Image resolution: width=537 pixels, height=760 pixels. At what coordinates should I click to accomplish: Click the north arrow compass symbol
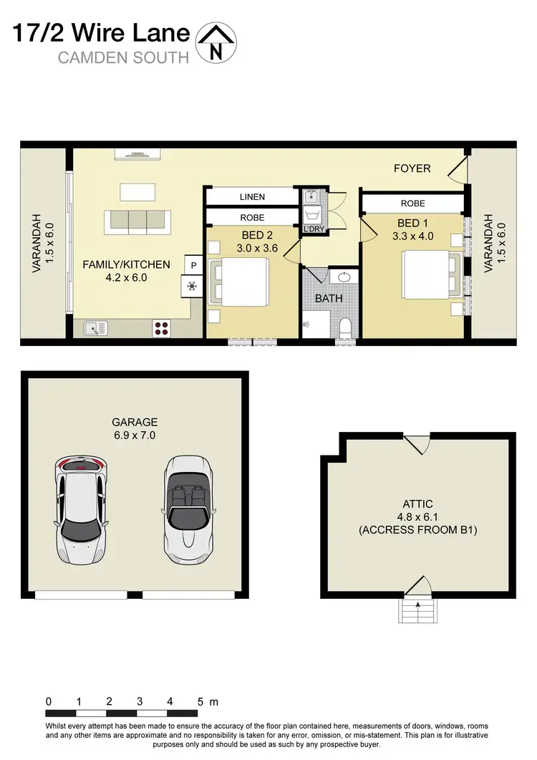[216, 41]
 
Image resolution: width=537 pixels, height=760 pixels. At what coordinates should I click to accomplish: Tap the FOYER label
[412, 168]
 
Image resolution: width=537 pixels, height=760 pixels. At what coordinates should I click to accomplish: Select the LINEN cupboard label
[252, 197]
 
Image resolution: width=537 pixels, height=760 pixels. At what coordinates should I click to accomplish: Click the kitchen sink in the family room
[95, 328]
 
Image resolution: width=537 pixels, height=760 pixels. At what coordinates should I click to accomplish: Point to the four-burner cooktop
[162, 328]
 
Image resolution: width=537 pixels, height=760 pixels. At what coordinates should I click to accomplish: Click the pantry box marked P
[193, 265]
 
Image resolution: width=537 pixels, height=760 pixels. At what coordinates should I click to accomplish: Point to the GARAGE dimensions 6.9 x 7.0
[135, 435]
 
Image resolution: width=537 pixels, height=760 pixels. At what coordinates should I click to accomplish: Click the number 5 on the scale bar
[201, 701]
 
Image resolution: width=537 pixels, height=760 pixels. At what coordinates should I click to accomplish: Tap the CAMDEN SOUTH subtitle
[122, 58]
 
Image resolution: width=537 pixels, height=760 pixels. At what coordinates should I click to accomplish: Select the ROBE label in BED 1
[412, 204]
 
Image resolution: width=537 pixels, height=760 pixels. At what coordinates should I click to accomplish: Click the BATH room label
[329, 298]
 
